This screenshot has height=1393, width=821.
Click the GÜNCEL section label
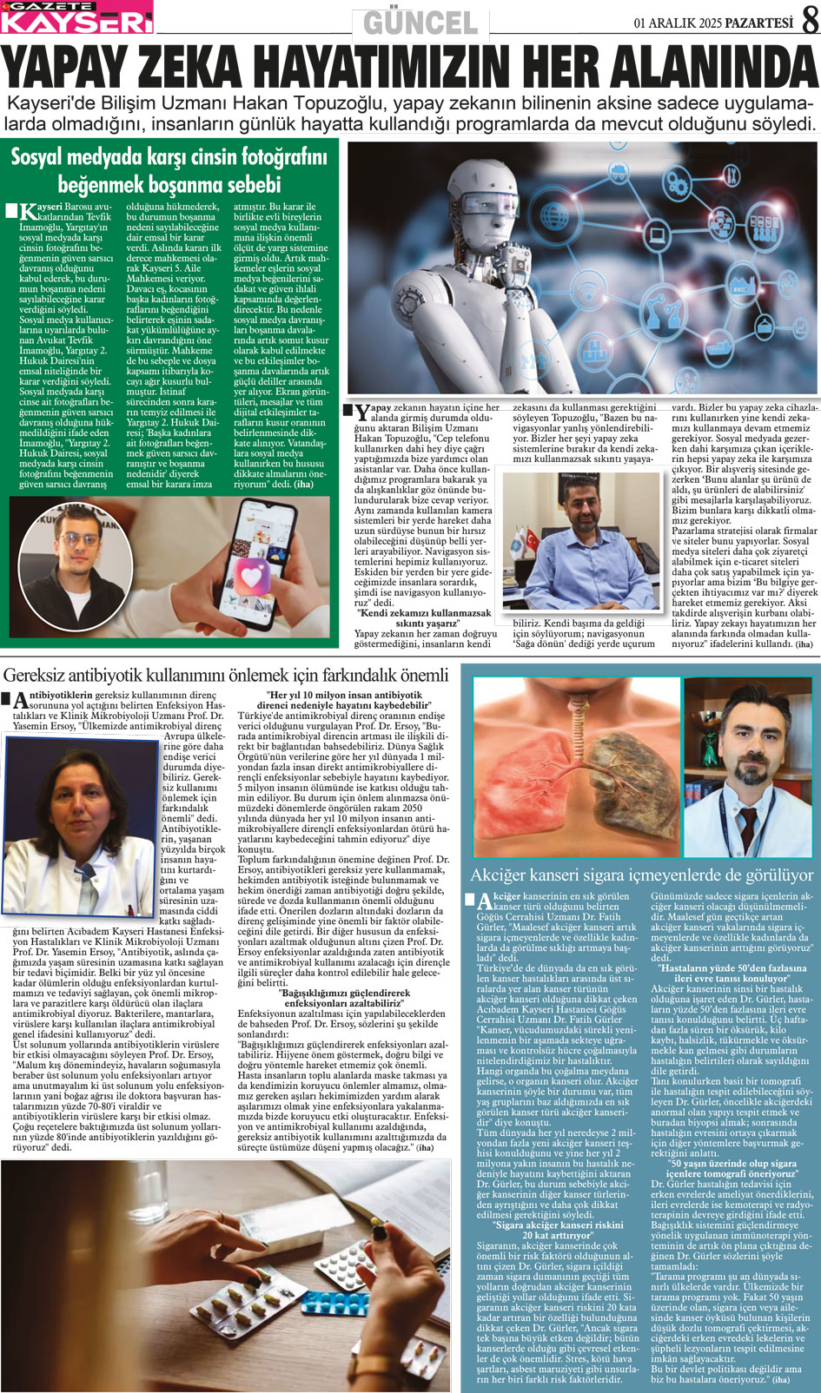click(x=420, y=22)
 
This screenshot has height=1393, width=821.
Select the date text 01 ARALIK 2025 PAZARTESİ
click(x=713, y=22)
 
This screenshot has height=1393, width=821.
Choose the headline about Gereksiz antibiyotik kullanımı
click(x=226, y=675)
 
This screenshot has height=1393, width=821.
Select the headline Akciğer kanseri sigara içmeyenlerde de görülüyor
click(x=641, y=875)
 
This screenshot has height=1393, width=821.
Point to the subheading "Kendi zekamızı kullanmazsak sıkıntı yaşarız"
click(x=425, y=617)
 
